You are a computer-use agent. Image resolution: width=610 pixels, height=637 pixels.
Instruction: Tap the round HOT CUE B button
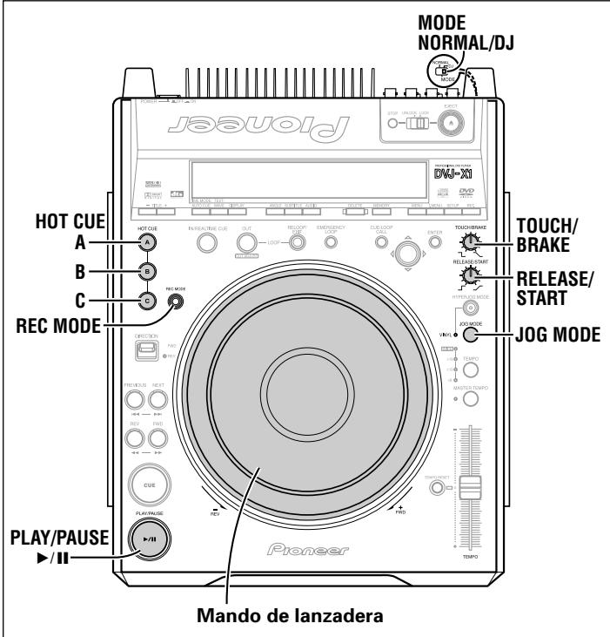point(149,270)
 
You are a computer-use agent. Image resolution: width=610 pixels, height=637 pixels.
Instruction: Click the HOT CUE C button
point(149,302)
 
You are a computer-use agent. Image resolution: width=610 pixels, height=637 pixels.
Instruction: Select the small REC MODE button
point(178,302)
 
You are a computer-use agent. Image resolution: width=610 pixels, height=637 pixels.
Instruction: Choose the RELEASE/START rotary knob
point(471,277)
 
